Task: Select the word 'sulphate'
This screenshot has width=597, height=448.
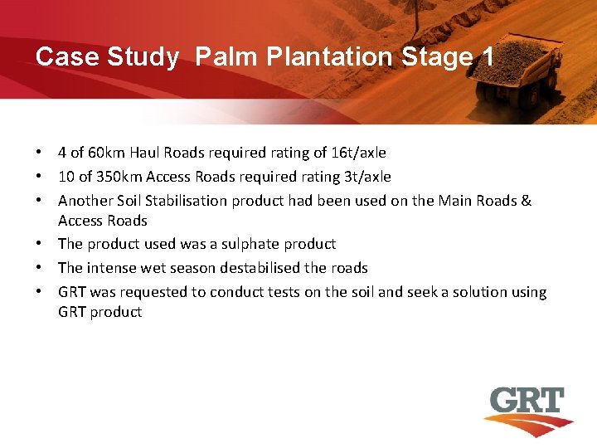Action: pyautogui.click(x=245, y=244)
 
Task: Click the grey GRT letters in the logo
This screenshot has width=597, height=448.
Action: pyautogui.click(x=526, y=402)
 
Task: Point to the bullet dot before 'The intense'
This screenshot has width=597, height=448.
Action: pyautogui.click(x=39, y=268)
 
